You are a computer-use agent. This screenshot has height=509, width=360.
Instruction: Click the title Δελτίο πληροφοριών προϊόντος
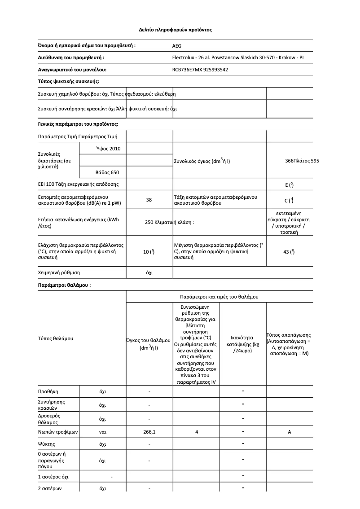pyautogui.click(x=175, y=30)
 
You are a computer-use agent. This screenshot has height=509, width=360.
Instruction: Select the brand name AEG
pyautogui.click(x=177, y=46)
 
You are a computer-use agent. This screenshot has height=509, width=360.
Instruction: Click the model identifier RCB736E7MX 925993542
pyautogui.click(x=200, y=70)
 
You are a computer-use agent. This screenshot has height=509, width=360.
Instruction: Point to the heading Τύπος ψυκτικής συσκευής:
pyautogui.click(x=68, y=81)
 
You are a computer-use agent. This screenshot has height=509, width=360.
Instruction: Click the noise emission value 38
pyautogui.click(x=149, y=200)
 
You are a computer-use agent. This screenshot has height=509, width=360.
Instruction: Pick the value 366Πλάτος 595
pyautogui.click(x=302, y=160)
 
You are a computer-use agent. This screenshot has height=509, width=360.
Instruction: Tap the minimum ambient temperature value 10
pyautogui.click(x=149, y=252)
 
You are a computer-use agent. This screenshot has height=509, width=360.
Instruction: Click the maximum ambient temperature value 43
pyautogui.click(x=289, y=252)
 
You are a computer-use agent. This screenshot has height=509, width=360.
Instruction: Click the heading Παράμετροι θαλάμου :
pyautogui.click(x=64, y=285)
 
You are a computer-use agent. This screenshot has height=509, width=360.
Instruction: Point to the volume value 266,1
pyautogui.click(x=149, y=432)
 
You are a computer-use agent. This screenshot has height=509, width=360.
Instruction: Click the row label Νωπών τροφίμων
pyautogui.click(x=58, y=432)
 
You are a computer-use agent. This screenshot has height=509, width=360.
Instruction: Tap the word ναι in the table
pyautogui.click(x=102, y=432)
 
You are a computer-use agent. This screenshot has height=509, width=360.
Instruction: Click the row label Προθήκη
pyautogui.click(x=48, y=391)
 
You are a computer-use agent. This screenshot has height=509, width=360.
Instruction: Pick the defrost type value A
pyautogui.click(x=290, y=432)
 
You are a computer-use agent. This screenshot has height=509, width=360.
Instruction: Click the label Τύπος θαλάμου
pyautogui.click(x=55, y=338)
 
